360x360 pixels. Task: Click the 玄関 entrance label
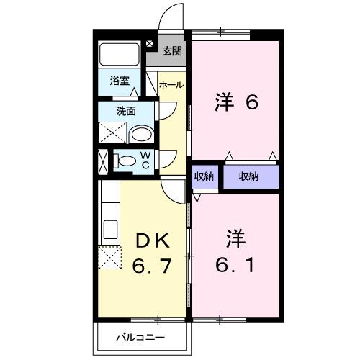coord(171,50)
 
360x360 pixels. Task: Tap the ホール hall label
coord(171,84)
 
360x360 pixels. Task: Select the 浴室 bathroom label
coord(120,81)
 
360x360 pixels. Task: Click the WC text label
coord(145,160)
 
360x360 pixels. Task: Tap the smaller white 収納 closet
coord(202,176)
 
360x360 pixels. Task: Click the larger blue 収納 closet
coord(248,176)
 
